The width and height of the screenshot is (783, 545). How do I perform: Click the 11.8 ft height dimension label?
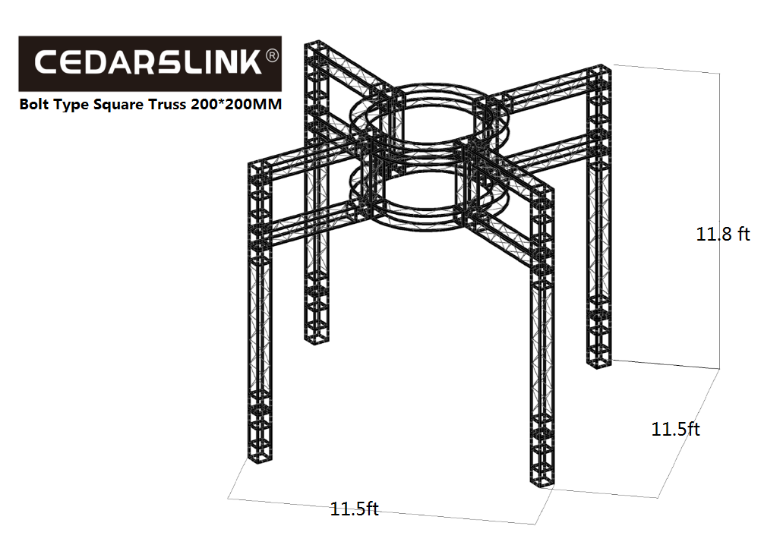click(722, 234)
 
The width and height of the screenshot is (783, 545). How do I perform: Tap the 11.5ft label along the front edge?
click(355, 509)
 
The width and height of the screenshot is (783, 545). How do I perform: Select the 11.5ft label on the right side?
click(676, 429)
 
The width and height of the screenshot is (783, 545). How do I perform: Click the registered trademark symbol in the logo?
click(272, 55)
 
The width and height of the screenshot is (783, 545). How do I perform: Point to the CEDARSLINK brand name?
click(148, 62)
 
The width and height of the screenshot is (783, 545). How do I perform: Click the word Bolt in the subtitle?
click(34, 104)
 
